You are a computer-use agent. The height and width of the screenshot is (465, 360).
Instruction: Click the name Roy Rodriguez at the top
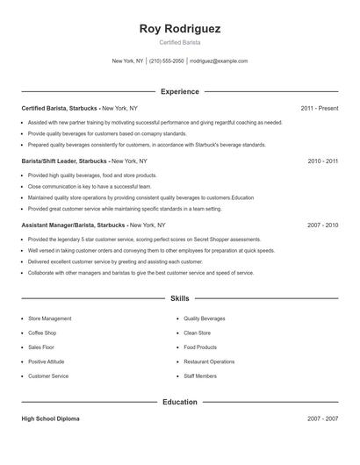tap(180, 28)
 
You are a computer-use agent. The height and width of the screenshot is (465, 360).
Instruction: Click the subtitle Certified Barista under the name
tap(180, 43)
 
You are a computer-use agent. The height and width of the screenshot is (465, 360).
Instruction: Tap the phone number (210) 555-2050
tap(167, 61)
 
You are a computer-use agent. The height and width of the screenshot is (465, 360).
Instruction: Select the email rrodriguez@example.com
tap(219, 61)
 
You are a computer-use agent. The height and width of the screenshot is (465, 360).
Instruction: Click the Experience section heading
tap(180, 91)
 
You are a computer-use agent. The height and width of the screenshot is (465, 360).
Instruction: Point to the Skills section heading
tap(180, 299)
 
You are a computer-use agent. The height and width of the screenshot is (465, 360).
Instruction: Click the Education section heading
tap(180, 402)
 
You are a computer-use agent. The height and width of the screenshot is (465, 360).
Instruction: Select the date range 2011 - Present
tap(320, 108)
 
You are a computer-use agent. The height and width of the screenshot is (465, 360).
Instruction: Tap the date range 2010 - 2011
tap(323, 161)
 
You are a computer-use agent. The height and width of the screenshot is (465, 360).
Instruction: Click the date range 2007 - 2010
tap(323, 225)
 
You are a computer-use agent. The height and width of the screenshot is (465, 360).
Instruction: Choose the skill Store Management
tap(50, 318)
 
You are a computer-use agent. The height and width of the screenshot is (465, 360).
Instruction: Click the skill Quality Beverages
tap(205, 318)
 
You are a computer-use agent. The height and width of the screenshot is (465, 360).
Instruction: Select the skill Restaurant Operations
tap(209, 361)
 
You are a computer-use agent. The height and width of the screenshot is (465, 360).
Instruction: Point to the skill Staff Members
tap(200, 376)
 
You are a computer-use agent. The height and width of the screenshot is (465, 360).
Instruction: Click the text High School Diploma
tap(50, 419)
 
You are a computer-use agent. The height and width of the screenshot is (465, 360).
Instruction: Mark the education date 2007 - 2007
tap(323, 419)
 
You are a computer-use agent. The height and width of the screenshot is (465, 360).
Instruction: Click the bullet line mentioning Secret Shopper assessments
tap(145, 240)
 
